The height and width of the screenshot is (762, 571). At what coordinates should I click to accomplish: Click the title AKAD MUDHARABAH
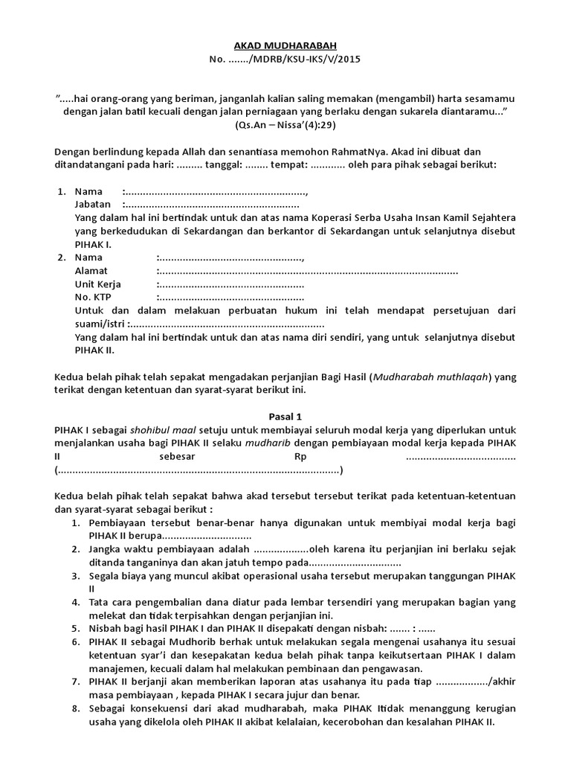285,45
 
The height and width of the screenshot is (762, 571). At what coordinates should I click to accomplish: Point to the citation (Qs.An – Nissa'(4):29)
285,124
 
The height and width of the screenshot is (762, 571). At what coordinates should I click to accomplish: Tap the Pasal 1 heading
285,417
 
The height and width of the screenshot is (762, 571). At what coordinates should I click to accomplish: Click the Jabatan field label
93,204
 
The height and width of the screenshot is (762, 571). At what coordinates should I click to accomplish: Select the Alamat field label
91,271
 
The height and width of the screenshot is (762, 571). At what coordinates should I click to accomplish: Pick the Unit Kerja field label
98,284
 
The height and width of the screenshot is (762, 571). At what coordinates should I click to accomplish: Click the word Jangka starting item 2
106,548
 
